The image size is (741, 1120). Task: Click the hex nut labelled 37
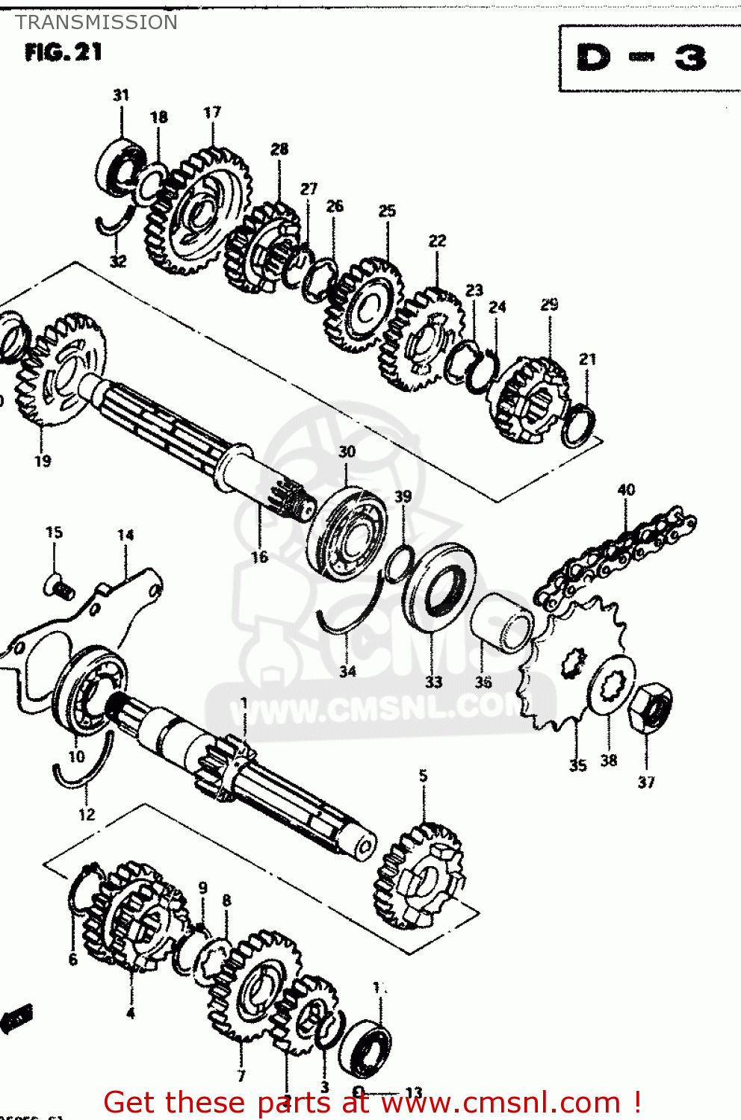[649, 706]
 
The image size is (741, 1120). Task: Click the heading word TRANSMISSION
[96, 22]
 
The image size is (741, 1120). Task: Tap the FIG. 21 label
[63, 52]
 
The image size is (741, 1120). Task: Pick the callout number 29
[549, 304]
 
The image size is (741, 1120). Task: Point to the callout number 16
[259, 557]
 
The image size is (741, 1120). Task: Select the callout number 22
[437, 240]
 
